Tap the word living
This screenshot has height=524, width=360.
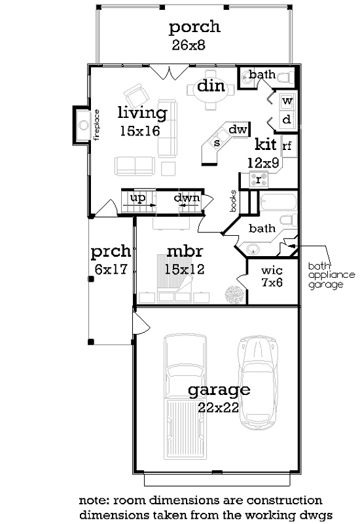click(142, 113)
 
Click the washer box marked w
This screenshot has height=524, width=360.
click(287, 102)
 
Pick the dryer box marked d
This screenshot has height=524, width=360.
click(287, 120)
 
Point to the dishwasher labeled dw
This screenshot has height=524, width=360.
click(239, 130)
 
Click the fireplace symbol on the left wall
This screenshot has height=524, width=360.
click(82, 124)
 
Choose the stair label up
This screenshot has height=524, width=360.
click(137, 198)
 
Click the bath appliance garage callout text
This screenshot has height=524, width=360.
click(331, 276)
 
